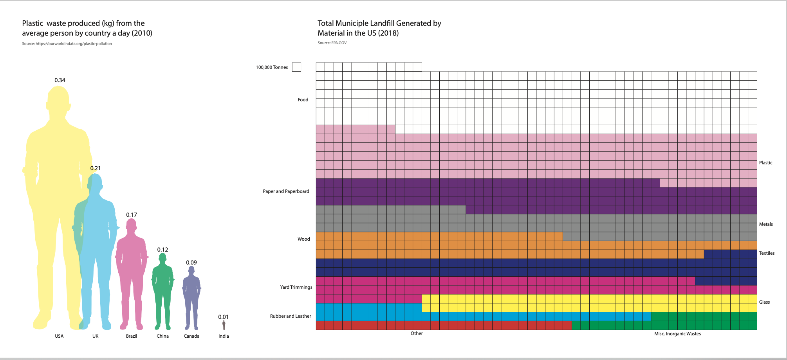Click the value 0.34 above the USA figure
coord(60,80)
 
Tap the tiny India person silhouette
coord(224,325)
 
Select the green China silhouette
coord(162,290)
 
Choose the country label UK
coord(96,336)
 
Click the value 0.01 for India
coord(223,317)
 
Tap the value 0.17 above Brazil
coord(132,215)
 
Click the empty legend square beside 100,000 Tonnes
coord(297,67)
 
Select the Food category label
coord(303,100)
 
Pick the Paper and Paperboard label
coord(286,191)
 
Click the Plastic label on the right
coord(765,163)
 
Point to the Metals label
coord(766,224)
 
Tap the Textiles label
coord(767,253)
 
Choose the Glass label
coord(764,302)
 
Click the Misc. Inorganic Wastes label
coord(677,334)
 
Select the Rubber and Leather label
coord(291,316)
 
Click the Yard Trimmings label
coord(296,287)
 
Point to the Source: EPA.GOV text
coord(332,43)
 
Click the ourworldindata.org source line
coord(67,44)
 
